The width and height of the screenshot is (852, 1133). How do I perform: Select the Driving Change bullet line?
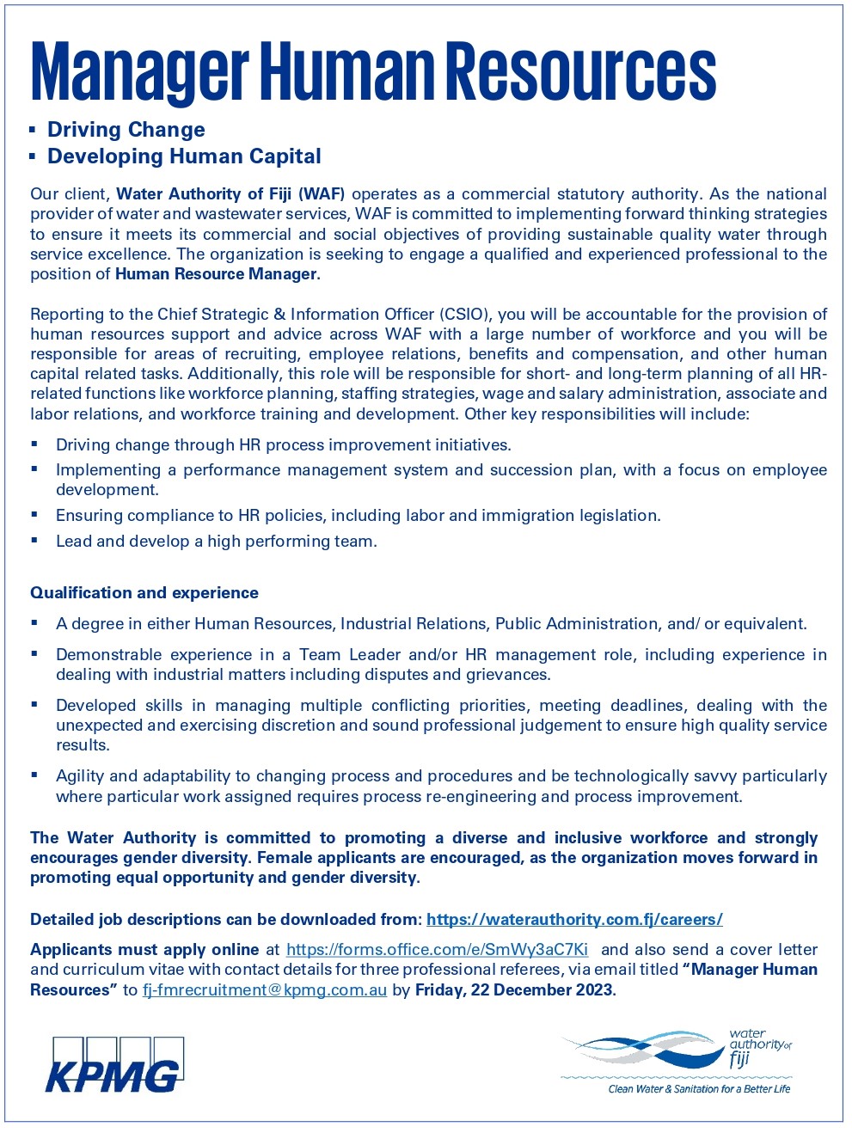tap(126, 130)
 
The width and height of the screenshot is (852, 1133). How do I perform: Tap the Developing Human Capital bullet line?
tap(184, 156)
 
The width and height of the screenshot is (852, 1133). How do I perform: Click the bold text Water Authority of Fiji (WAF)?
tap(230, 194)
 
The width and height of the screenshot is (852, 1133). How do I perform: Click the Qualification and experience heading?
tap(144, 592)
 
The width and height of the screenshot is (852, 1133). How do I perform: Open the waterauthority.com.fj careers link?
tap(574, 919)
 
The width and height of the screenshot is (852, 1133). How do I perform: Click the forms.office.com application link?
tap(437, 949)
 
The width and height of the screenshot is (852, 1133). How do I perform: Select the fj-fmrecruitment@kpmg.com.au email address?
tap(265, 989)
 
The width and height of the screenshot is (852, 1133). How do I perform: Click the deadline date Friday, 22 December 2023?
tap(514, 989)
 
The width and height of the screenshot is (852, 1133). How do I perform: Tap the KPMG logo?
tap(113, 1066)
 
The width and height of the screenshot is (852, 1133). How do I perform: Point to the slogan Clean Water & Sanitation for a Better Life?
tap(698, 1089)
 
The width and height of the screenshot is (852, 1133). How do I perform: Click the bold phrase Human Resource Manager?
tap(217, 274)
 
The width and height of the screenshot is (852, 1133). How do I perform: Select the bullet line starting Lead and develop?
tap(216, 541)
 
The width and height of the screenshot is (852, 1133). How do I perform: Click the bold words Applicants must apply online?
tap(144, 949)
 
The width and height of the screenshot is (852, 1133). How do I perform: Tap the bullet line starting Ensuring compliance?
tap(358, 515)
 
